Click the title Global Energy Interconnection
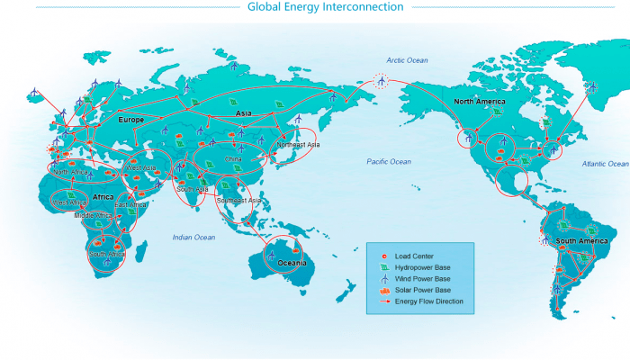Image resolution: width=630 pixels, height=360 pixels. pyautogui.click(x=313, y=7)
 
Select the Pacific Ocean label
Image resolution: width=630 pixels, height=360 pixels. pyautogui.click(x=389, y=161)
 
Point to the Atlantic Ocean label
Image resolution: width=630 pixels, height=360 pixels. pyautogui.click(x=605, y=164)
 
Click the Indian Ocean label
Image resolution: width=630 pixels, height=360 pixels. pyautogui.click(x=193, y=237)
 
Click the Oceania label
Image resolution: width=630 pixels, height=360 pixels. pyautogui.click(x=292, y=263)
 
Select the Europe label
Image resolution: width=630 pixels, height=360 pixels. pyautogui.click(x=131, y=119)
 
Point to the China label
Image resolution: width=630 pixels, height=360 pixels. pyautogui.click(x=233, y=158)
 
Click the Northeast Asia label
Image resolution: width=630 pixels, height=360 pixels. pyautogui.click(x=298, y=144)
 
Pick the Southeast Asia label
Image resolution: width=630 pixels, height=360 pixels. pyautogui.click(x=239, y=200)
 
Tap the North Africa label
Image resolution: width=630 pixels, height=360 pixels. pyautogui.click(x=72, y=171)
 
